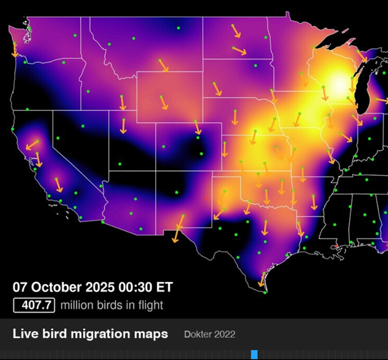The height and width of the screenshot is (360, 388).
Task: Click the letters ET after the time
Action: pos(165,287)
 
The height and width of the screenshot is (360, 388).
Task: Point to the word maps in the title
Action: pos(151,334)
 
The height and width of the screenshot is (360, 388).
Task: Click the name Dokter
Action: pos(198,335)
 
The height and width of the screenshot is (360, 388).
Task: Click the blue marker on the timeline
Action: pos(254,354)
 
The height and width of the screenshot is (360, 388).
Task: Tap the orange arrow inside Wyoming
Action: pos(164,102)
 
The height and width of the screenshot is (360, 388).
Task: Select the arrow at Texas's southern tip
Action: pos(261,280)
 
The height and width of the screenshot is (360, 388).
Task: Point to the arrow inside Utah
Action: pos(124,125)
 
